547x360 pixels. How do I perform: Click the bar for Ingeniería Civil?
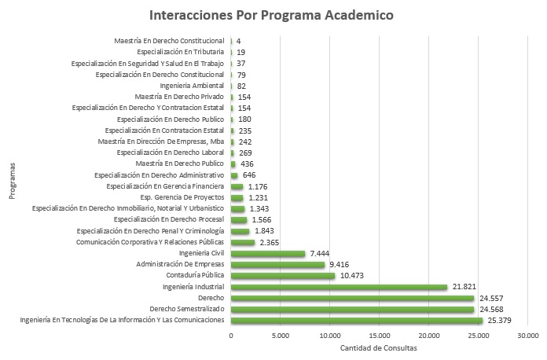coord(267,253)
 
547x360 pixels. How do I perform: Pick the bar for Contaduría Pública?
coord(283,276)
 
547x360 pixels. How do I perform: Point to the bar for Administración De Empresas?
coord(277,265)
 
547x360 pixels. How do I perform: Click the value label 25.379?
coord(500,321)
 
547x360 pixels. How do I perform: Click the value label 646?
coord(250,174)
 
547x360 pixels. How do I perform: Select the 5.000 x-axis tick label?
coord(281,336)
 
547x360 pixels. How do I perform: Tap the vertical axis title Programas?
coord(13,181)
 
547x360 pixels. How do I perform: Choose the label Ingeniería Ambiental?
coord(192,85)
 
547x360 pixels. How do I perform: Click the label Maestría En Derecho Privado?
coord(180,96)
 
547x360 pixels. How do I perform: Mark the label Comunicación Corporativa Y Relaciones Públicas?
coord(150,242)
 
